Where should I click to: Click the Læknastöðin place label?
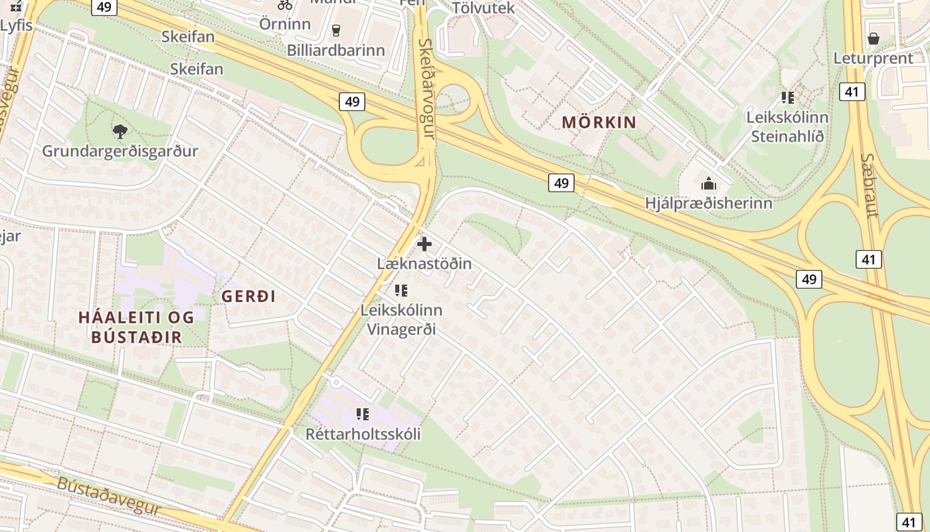424,263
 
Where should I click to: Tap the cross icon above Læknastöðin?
424,244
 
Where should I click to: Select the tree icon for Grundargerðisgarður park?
120,131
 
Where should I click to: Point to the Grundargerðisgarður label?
120,151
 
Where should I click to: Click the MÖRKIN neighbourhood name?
599,122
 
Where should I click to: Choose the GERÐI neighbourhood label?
248,297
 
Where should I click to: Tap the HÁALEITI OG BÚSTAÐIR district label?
137,327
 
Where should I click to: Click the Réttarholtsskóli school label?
363,434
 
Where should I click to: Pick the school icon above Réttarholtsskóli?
363,414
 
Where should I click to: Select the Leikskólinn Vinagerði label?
401,319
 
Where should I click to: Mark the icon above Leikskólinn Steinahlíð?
788,98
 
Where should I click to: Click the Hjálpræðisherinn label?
709,203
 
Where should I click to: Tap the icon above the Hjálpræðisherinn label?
709,183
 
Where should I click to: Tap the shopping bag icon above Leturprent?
874,39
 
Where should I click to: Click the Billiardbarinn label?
335,50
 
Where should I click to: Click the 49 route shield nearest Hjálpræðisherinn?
561,182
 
